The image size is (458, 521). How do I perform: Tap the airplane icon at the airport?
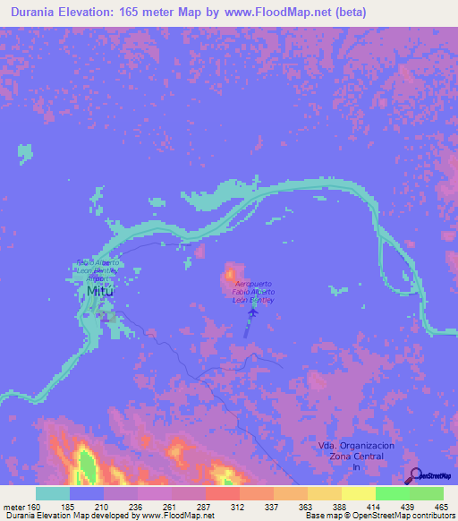click(x=252, y=312)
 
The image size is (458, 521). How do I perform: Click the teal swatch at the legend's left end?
click(x=52, y=493)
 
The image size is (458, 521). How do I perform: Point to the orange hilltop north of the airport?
click(x=233, y=272)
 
